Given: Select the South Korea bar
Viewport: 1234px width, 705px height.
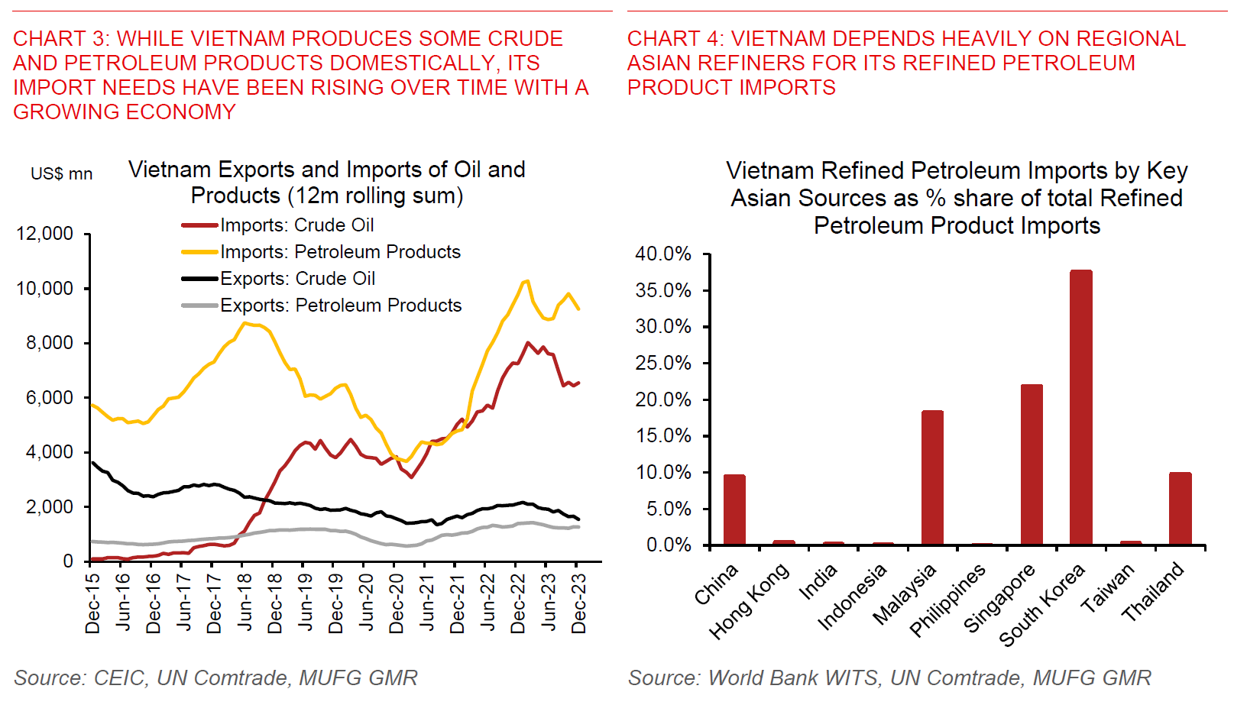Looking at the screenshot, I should pyautogui.click(x=1080, y=408).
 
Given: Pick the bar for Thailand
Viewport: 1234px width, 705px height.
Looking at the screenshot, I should pyautogui.click(x=1180, y=509).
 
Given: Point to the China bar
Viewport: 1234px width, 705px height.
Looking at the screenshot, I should pyautogui.click(x=734, y=509).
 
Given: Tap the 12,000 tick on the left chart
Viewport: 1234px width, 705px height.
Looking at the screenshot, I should pyautogui.click(x=45, y=234).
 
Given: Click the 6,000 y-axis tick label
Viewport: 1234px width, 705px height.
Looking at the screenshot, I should pyautogui.click(x=50, y=398).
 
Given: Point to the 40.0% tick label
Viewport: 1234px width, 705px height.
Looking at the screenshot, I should pyautogui.click(x=663, y=254).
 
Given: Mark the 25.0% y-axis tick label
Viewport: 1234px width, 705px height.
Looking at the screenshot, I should pyautogui.click(x=663, y=364).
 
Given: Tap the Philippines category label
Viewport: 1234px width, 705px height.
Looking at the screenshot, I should pyautogui.click(x=947, y=601).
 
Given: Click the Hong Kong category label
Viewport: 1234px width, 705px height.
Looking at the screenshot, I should pyautogui.click(x=749, y=601).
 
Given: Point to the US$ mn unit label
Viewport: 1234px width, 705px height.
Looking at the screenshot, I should pyautogui.click(x=61, y=174).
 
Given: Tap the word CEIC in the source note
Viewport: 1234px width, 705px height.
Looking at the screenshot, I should pyautogui.click(x=120, y=678).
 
